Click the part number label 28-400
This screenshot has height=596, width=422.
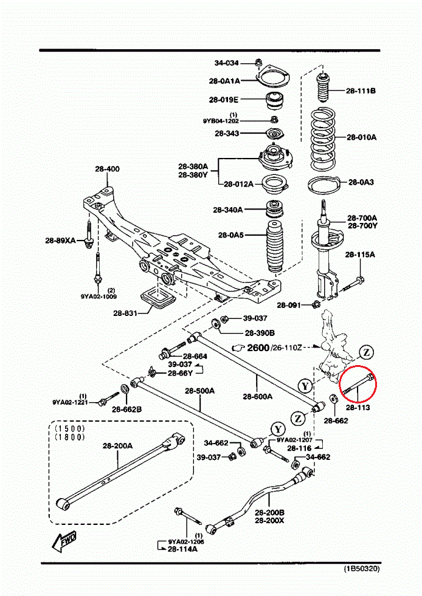coord(107,169)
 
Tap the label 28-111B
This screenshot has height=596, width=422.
coord(361,91)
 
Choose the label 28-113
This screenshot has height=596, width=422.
coord(358,407)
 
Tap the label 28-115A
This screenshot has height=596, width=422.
coord(361,254)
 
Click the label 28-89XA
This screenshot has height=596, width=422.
coord(60,241)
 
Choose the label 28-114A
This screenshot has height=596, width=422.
coord(184,549)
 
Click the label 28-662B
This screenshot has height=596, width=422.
coord(126,408)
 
